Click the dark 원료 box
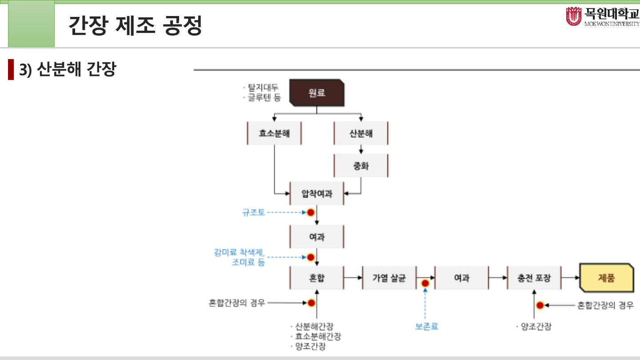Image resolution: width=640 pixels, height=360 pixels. point(317,93)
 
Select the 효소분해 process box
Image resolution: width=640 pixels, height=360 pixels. point(274,133)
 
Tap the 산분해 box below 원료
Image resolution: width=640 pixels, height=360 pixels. point(361,133)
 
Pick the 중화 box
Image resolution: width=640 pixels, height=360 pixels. point(361,166)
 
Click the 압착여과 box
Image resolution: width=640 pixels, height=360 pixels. point(317,193)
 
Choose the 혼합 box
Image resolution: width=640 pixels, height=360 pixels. point(317,278)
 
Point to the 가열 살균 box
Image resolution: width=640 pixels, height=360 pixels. point(389,278)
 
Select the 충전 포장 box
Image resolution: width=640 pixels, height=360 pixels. point(534,278)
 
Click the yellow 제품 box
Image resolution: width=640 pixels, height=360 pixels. point(606,278)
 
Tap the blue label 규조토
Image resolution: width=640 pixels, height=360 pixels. point(253,212)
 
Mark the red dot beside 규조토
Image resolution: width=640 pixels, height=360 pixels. point(311,212)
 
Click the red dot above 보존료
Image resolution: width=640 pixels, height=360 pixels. point(425,283)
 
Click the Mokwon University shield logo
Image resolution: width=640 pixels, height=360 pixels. point(573,16)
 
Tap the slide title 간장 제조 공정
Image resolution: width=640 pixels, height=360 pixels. point(136,26)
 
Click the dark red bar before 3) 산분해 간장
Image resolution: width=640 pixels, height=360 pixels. point(11,69)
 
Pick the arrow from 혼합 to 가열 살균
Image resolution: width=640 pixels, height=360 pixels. point(353,278)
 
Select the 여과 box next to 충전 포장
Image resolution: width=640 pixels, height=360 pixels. point(462,278)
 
